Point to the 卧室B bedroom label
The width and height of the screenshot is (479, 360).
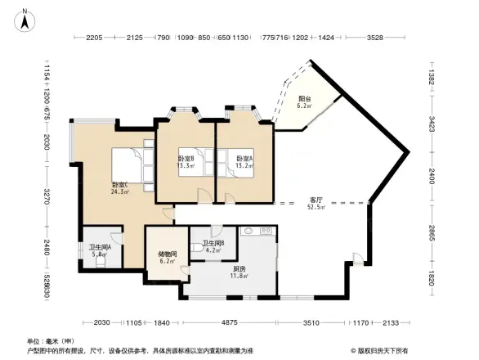[186, 158]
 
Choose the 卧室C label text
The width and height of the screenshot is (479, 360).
[120, 185]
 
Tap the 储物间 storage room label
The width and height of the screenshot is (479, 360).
[166, 254]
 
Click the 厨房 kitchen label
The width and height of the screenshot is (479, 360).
[239, 268]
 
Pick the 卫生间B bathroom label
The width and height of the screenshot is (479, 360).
[213, 243]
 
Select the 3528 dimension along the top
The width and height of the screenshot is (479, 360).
[375, 38]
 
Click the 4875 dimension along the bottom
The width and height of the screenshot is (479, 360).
[231, 322]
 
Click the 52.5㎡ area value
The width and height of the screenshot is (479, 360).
[316, 208]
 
